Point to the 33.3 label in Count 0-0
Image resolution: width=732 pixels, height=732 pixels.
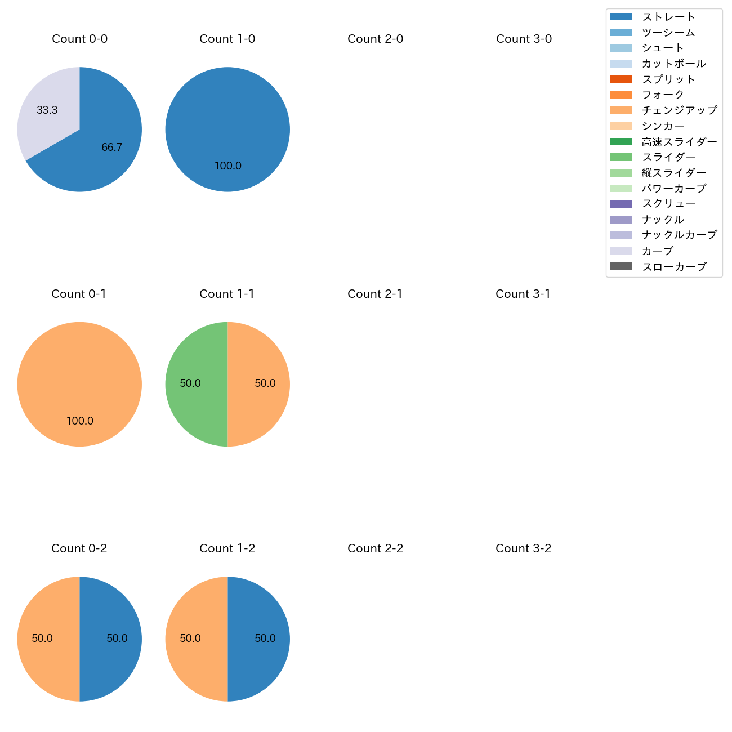(47, 110)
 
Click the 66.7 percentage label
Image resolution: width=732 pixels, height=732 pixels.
(112, 148)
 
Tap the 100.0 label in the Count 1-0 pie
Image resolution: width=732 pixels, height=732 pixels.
(228, 166)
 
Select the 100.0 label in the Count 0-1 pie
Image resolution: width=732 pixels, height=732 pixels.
(80, 421)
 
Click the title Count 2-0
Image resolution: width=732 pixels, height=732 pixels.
(376, 39)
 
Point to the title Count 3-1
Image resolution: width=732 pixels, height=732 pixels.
(523, 294)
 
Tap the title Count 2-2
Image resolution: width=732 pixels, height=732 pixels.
(376, 548)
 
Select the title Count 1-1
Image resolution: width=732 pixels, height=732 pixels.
(227, 294)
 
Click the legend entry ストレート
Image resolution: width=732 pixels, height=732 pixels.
(668, 17)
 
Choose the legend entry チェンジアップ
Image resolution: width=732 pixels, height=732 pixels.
(679, 110)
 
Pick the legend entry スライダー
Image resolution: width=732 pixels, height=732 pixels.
(668, 157)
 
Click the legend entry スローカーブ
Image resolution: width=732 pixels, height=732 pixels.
(673, 267)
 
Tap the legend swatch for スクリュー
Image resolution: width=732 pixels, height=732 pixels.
(621, 204)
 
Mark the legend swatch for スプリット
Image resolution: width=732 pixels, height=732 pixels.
(621, 79)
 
